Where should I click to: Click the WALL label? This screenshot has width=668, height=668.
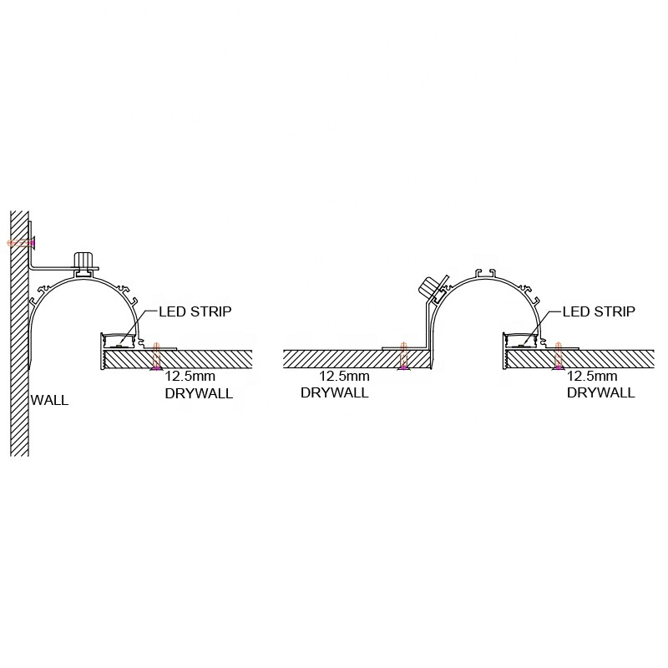tap(49, 401)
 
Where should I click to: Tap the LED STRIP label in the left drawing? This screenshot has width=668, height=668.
tap(195, 311)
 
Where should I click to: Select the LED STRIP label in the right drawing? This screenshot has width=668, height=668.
tap(599, 311)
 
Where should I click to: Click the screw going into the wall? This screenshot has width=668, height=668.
tap(22, 243)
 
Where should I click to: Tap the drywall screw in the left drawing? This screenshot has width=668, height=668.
tap(156, 357)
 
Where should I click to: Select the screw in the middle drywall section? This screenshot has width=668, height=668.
tap(403, 357)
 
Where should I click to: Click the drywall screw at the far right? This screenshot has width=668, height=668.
tap(558, 357)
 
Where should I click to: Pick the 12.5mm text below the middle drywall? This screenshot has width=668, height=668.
tap(344, 377)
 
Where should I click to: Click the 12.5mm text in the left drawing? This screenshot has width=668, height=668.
tap(190, 377)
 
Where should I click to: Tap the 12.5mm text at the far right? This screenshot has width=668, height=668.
tap(592, 377)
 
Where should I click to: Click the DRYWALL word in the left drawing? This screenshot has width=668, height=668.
tap(199, 393)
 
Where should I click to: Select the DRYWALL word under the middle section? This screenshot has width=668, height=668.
tap(335, 392)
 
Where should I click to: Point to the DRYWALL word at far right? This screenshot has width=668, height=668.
tap(600, 392)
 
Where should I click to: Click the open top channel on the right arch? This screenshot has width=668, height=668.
tap(487, 274)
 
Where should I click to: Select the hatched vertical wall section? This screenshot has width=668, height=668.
tap(19, 333)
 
